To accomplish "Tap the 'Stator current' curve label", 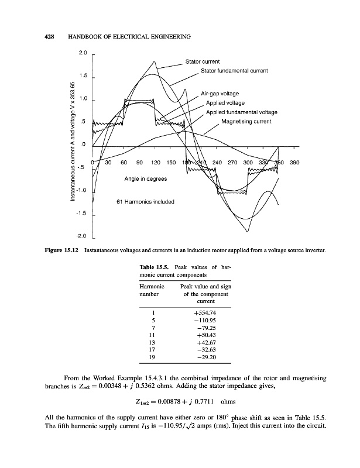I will pyautogui.click(x=202, y=61).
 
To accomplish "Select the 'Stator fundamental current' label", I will pyautogui.click(x=234, y=71).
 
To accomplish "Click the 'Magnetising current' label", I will pyautogui.click(x=246, y=122).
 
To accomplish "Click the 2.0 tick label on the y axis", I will pyautogui.click(x=83, y=54).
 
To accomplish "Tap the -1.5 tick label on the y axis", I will pyautogui.click(x=82, y=214).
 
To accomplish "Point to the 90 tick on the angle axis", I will pyautogui.click(x=139, y=162).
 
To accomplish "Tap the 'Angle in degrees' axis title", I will pyautogui.click(x=145, y=179).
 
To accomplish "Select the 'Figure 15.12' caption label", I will pyautogui.click(x=62, y=251).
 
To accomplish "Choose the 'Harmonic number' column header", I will pyautogui.click(x=152, y=290).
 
